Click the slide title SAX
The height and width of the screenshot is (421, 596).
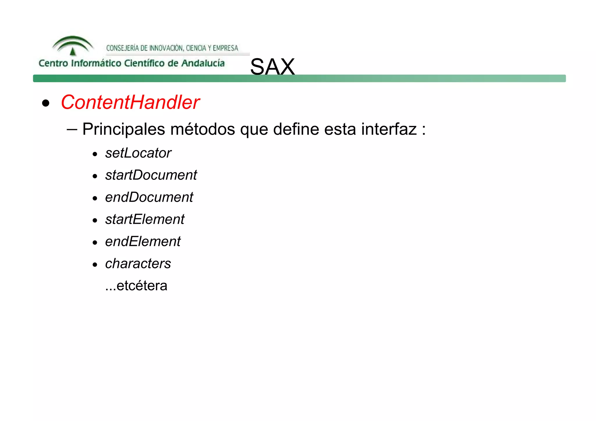pyautogui.click(x=272, y=67)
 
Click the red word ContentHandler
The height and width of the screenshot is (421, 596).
pyautogui.click(x=130, y=102)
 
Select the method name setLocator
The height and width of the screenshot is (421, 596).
pyautogui.click(x=138, y=153)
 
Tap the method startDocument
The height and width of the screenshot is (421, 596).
pyautogui.click(x=151, y=175)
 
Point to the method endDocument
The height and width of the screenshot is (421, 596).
pyautogui.click(x=149, y=197)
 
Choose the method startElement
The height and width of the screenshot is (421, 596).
pyautogui.click(x=145, y=219)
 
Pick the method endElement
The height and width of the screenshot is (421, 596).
pyautogui.click(x=143, y=241)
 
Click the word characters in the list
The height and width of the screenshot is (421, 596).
pyautogui.click(x=138, y=264)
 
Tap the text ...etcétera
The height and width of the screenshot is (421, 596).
pyautogui.click(x=136, y=286)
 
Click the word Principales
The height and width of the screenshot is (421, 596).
pyautogui.click(x=124, y=129)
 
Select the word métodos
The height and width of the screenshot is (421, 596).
pyautogui.click(x=203, y=129)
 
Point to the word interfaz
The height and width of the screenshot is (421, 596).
pyautogui.click(x=389, y=129)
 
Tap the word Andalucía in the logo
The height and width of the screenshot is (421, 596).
pyautogui.click(x=203, y=63)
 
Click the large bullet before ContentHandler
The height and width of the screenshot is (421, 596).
pyautogui.click(x=46, y=103)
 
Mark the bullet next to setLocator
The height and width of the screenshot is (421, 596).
pyautogui.click(x=95, y=154)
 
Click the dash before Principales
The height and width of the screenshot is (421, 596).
pyautogui.click(x=72, y=129)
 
